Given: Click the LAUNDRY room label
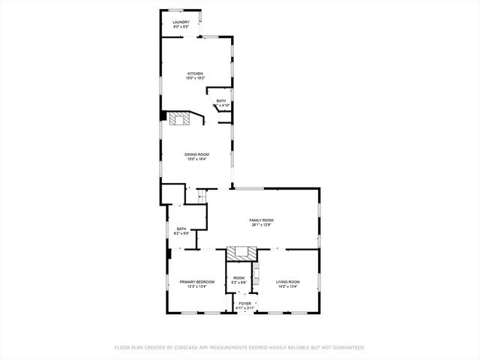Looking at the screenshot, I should [181, 22].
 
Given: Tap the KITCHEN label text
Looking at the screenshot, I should [196, 73].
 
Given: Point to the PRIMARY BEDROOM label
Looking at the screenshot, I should [196, 281].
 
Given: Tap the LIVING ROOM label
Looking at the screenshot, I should [287, 281].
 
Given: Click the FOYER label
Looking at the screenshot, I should [245, 304].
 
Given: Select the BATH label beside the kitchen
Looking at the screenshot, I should [220, 101].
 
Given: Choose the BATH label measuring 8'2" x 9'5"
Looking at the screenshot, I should [181, 229].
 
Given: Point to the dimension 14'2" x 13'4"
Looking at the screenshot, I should [287, 286].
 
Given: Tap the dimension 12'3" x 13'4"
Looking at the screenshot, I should [196, 286].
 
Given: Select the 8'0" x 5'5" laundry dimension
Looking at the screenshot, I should [181, 27].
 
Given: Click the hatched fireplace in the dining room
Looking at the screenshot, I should [180, 118].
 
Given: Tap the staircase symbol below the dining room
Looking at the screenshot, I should [200, 196].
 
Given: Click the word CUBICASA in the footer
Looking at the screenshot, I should [187, 347].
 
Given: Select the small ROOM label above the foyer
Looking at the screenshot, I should [238, 277].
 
